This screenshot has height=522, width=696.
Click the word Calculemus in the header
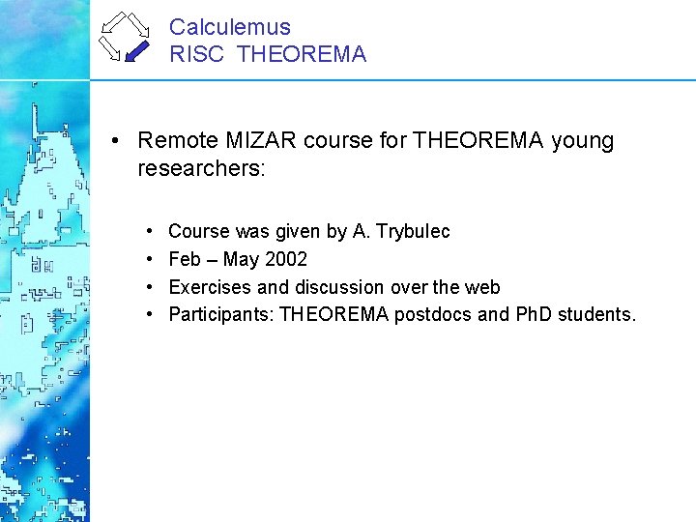pyautogui.click(x=229, y=28)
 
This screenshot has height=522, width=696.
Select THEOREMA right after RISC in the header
pyautogui.click(x=301, y=55)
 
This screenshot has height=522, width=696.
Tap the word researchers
pyautogui.click(x=196, y=169)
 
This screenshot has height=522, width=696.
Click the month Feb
pyautogui.click(x=185, y=260)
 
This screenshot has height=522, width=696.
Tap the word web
pyautogui.click(x=482, y=287)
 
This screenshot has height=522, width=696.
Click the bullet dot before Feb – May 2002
pyautogui.click(x=150, y=260)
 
